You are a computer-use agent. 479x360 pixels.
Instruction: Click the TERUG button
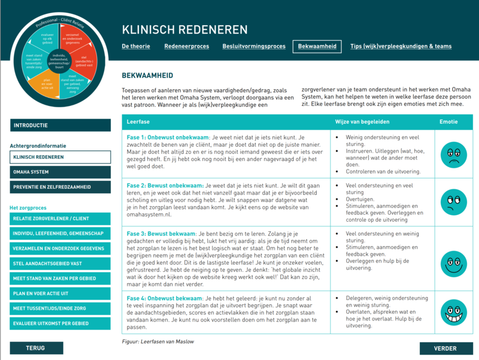click(x=35, y=348)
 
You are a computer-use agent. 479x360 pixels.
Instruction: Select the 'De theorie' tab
click(x=136, y=46)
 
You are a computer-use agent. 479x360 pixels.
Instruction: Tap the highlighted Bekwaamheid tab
click(x=316, y=46)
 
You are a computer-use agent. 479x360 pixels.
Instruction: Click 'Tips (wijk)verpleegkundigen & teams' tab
click(x=401, y=46)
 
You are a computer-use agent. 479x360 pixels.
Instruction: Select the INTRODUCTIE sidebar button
click(x=60, y=125)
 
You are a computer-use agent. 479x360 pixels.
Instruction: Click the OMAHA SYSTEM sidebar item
click(x=60, y=172)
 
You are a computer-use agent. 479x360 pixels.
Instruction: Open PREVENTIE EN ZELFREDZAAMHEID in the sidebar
click(x=60, y=187)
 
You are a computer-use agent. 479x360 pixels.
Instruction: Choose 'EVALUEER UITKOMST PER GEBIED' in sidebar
click(x=60, y=324)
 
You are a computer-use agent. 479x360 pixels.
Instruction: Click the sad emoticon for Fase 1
click(x=453, y=154)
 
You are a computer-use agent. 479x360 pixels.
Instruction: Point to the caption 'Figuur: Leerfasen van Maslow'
click(x=157, y=341)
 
